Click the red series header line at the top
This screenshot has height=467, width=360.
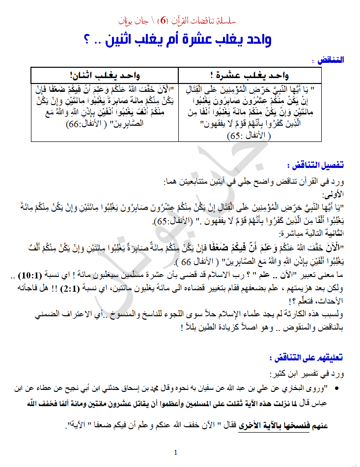pos(180,22)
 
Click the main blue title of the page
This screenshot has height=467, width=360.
pos(179,39)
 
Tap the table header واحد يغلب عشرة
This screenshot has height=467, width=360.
pos(252,75)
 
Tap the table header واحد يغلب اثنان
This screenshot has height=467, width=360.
pos(104,75)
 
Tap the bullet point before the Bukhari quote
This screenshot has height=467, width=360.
pos(337,389)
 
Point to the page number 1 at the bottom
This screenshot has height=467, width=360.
pos(175,452)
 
